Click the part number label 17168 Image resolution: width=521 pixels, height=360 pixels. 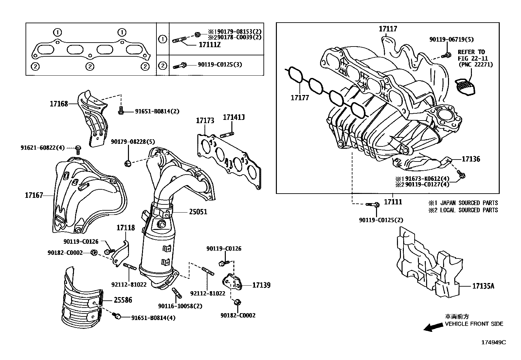click(59, 104)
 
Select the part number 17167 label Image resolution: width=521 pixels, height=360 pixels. click(34, 196)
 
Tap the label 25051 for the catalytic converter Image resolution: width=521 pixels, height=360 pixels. click(198, 212)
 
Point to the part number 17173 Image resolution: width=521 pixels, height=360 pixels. click(205, 121)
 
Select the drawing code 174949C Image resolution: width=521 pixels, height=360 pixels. click(493, 342)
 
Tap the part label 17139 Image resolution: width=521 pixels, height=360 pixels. click(261, 285)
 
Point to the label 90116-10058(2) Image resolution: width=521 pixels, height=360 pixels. click(180, 306)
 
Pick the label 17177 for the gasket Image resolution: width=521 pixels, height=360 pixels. click(300, 98)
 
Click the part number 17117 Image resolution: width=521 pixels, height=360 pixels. click(388, 29)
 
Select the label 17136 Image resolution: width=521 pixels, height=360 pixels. click(471, 159)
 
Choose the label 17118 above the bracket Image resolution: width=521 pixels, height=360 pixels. click(126, 227)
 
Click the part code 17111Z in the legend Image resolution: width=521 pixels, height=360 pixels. click(210, 45)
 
